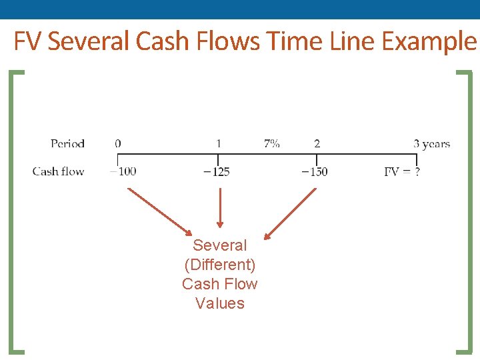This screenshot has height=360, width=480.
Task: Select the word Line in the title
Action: pos(354,42)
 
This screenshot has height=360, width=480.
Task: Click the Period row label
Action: pos(67,143)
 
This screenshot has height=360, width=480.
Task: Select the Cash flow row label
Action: pos(58,171)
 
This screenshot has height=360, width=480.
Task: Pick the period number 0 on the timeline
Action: pos(118,143)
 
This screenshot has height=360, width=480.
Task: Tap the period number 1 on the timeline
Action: pos(219,143)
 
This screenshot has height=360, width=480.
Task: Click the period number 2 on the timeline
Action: pos(317,143)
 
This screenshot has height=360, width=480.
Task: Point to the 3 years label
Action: pos(431,143)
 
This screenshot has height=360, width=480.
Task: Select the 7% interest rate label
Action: pos(271,143)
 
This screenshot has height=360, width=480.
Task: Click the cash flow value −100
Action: pos(123,171)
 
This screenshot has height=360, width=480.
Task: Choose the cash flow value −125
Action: pos(216,171)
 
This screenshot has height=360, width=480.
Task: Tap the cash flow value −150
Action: pos(314,171)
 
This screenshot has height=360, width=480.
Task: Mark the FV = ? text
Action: pos(402,171)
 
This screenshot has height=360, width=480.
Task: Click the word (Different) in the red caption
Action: pos(219,265)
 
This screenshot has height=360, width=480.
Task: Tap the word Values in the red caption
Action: pos(220,303)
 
